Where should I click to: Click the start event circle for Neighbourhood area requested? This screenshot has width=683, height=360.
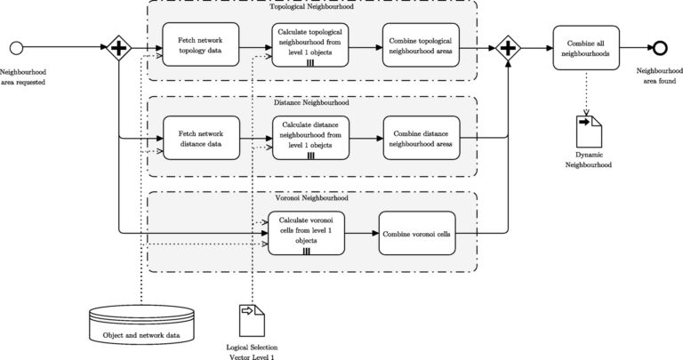coord(16,47)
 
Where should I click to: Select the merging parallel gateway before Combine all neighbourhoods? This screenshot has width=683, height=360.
coord(508,47)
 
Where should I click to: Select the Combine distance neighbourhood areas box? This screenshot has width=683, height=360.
coord(421,139)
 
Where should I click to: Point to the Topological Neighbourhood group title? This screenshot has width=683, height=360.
coord(310,7)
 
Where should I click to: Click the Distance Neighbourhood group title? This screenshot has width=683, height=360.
coord(310,103)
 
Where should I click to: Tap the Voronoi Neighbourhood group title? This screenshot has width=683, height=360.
coord(310,197)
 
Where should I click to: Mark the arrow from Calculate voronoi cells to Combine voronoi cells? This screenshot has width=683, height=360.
coord(361,234)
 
